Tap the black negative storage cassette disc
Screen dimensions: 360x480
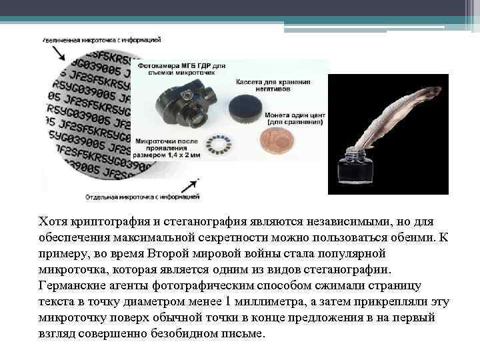(x=243, y=107)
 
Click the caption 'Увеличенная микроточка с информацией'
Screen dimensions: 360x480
(x=101, y=41)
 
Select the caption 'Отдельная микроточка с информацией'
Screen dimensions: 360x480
(x=142, y=197)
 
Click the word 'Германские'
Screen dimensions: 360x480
(x=72, y=285)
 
